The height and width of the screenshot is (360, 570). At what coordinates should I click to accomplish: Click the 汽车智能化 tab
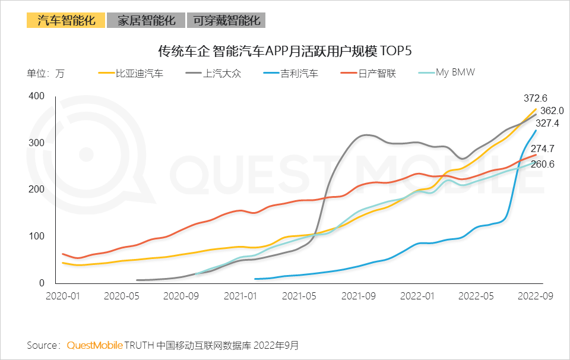tap(66, 20)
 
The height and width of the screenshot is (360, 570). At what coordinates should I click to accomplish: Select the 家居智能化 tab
tap(146, 20)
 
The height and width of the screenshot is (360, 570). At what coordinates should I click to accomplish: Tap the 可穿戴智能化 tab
tap(226, 20)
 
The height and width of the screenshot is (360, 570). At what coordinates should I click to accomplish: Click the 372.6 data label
tap(535, 98)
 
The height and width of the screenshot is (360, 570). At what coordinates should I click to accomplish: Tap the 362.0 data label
tap(552, 110)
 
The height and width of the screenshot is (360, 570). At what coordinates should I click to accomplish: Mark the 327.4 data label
tap(547, 124)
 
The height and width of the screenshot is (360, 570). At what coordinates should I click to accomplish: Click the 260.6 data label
tap(543, 164)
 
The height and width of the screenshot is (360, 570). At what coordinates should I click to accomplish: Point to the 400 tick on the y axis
tap(37, 96)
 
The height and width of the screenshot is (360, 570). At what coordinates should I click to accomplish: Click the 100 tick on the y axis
tap(37, 236)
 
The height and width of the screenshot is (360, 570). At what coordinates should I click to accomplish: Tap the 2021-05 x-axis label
tap(299, 295)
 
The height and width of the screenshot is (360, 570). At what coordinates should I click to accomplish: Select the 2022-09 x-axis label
tap(537, 295)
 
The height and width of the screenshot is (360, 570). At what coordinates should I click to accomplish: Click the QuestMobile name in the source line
tap(95, 345)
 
